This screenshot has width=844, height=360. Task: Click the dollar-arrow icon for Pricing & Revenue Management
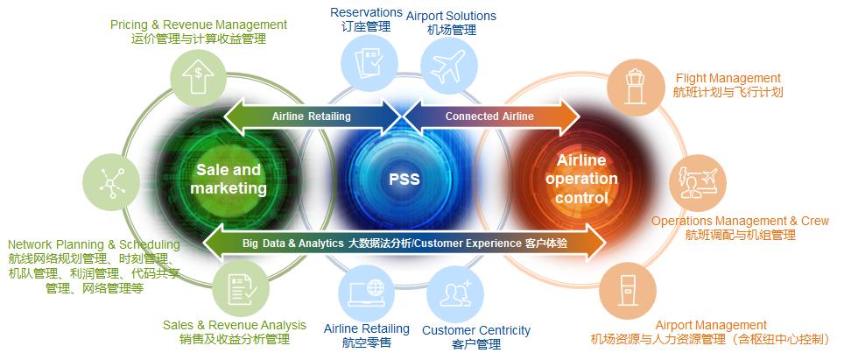199,74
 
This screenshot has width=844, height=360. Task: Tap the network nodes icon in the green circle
110,180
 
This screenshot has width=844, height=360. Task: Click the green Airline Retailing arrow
311,116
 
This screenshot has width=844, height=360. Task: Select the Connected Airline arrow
489,116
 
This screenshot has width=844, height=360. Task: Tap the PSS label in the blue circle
404,180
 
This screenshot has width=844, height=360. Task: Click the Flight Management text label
728,78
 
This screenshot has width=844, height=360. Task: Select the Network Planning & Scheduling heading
94,244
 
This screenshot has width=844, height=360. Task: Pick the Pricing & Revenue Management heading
199,25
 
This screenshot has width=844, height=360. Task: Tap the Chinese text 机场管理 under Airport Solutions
452,30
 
